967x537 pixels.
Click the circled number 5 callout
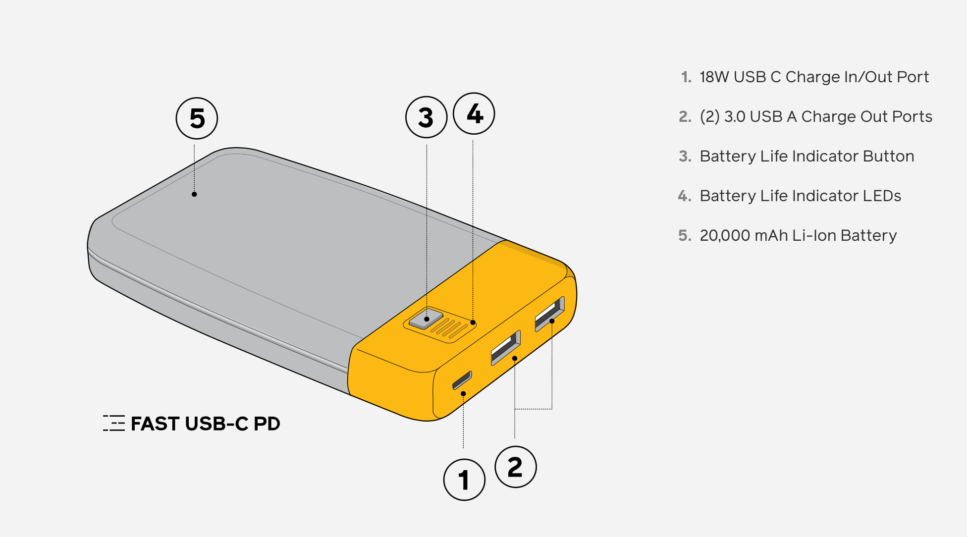tap(197, 118)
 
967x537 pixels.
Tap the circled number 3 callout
tap(426, 117)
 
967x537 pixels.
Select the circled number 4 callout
tap(474, 114)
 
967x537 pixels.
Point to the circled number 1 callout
tap(464, 480)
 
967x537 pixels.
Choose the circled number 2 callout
tap(515, 467)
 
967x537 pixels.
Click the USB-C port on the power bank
tap(462, 380)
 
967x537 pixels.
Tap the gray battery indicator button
tap(426, 319)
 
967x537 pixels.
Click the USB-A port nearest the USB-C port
tap(505, 348)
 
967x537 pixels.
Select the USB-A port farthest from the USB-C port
tap(549, 314)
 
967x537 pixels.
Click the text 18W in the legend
tap(714, 77)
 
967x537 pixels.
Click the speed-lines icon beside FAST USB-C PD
tap(114, 423)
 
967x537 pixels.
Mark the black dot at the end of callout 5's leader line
tap(194, 194)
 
